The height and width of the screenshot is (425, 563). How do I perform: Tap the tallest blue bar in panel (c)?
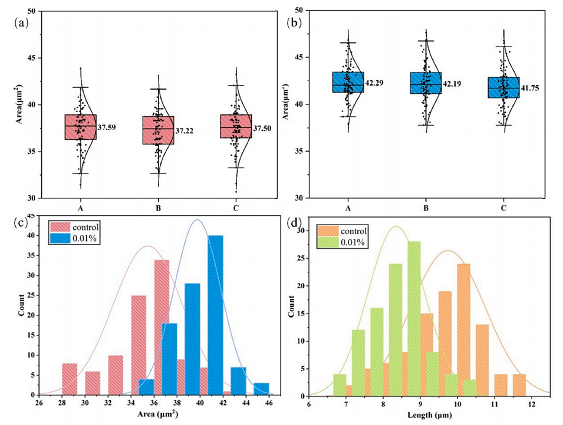click(x=215, y=315)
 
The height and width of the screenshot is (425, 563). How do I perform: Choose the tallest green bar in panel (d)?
click(x=414, y=318)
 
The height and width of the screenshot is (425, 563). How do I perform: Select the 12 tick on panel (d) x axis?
click(x=532, y=405)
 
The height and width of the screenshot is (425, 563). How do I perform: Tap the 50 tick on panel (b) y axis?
click(x=302, y=11)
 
